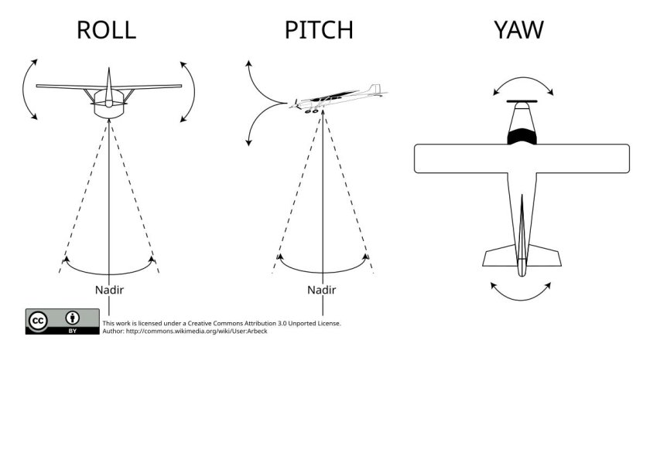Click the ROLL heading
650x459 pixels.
106,30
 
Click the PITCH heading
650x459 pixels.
318,30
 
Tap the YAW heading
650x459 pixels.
518,30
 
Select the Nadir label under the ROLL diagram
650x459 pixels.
109,290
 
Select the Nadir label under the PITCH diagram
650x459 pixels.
321,290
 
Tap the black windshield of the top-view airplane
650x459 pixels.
523,137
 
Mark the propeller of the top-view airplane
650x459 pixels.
523,101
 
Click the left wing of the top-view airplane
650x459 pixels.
460,158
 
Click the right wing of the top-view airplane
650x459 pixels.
584,158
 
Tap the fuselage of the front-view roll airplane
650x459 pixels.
109,106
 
